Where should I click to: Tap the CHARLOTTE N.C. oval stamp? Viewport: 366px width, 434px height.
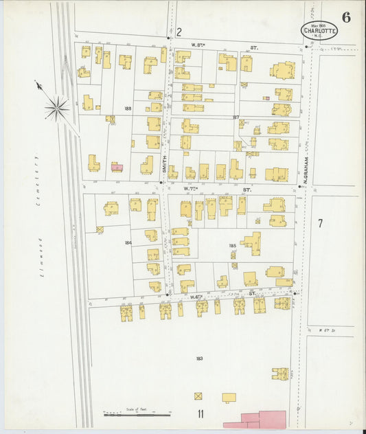coord(319,30)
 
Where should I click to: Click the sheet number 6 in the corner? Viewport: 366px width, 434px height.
coord(346,18)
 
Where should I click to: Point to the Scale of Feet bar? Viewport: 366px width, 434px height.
coord(137,413)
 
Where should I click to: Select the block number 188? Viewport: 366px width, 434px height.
coord(128,108)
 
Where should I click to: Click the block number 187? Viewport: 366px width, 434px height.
coord(236,117)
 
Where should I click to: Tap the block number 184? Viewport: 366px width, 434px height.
coord(128,242)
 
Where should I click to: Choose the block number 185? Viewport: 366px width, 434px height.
coord(233,244)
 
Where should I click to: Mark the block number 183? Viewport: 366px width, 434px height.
coord(199,358)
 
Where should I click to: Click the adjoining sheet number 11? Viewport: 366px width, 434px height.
coord(201,414)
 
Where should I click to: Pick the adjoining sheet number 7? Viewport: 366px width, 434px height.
coord(320,223)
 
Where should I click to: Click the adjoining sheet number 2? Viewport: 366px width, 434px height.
coord(179,32)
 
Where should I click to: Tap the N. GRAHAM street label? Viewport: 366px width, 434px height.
coord(306,170)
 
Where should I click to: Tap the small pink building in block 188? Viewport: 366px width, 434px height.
coord(117,167)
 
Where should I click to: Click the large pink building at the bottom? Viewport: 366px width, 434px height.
coord(255,419)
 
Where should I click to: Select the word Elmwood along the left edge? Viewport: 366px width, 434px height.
coord(41,257)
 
